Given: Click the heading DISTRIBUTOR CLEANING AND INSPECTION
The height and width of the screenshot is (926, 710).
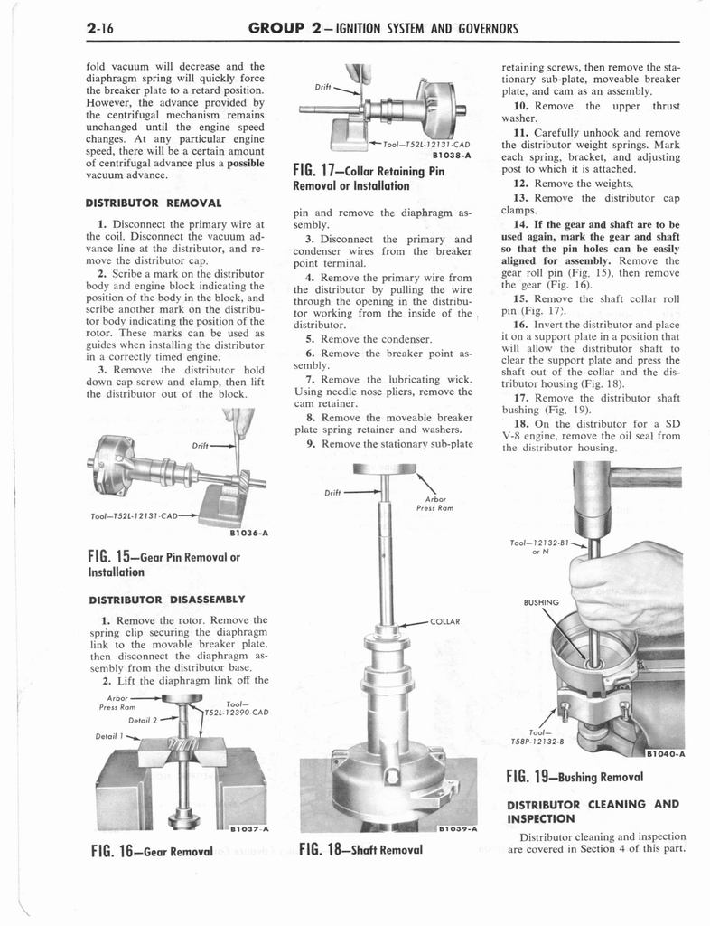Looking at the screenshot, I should (x=593, y=811).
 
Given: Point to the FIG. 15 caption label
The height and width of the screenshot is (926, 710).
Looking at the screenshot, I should (x=165, y=563).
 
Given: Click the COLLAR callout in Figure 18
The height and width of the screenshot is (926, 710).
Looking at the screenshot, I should (x=445, y=622).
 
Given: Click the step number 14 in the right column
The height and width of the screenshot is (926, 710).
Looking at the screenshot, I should (x=519, y=224).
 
